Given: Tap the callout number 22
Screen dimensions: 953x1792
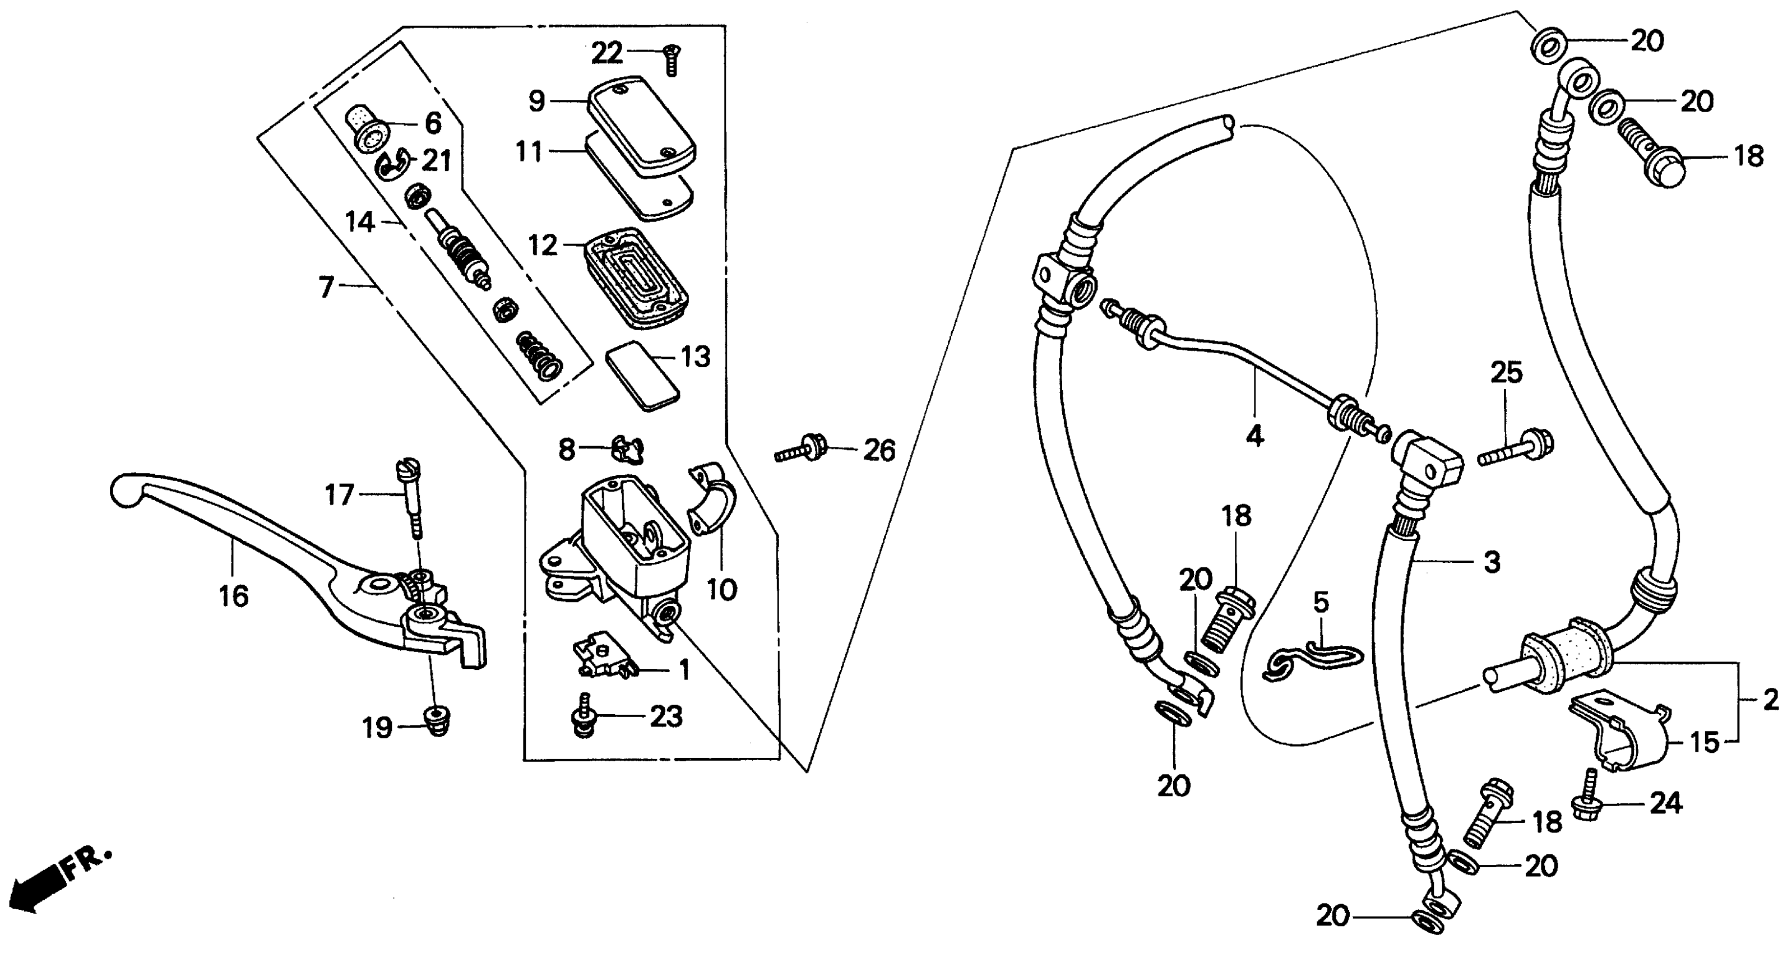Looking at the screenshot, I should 606,54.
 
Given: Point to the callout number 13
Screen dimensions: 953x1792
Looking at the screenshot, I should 695,357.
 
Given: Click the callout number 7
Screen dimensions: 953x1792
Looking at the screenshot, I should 327,287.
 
